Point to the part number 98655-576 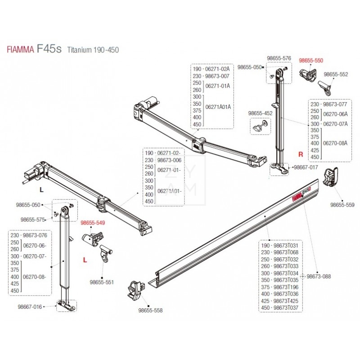279,58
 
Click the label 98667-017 306,167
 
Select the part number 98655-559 343,204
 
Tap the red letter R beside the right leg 301,154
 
